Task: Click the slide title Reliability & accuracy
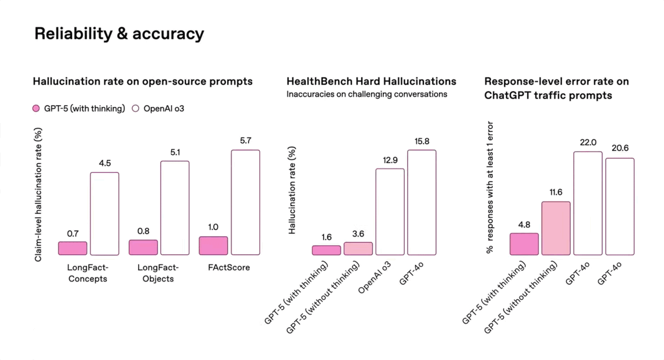(119, 34)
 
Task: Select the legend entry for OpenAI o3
(159, 108)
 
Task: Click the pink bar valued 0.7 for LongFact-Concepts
(73, 248)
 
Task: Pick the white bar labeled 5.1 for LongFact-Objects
(175, 207)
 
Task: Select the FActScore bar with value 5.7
(245, 202)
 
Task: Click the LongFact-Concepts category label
(87, 273)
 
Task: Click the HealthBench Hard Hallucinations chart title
(371, 81)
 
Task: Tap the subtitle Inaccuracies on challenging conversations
(367, 94)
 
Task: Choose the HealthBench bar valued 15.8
(422, 202)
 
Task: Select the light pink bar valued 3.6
(358, 248)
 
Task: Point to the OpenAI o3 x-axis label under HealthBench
(375, 278)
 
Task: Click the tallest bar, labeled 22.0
(588, 203)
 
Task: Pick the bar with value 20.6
(620, 206)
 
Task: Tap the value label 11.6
(556, 192)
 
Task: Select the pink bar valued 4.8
(524, 244)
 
